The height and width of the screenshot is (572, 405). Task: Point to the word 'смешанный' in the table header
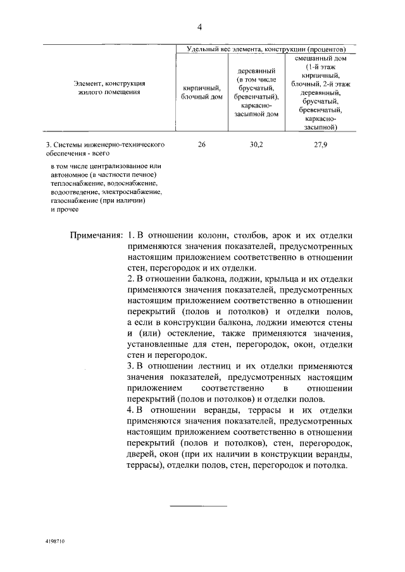tap(320, 58)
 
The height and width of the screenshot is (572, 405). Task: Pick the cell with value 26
tap(201, 145)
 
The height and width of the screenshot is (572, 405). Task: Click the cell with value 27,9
tap(320, 145)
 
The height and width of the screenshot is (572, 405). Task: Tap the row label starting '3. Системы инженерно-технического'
tap(105, 145)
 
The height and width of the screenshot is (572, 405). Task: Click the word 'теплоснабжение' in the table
tap(73, 183)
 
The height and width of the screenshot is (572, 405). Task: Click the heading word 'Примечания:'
tap(96, 234)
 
